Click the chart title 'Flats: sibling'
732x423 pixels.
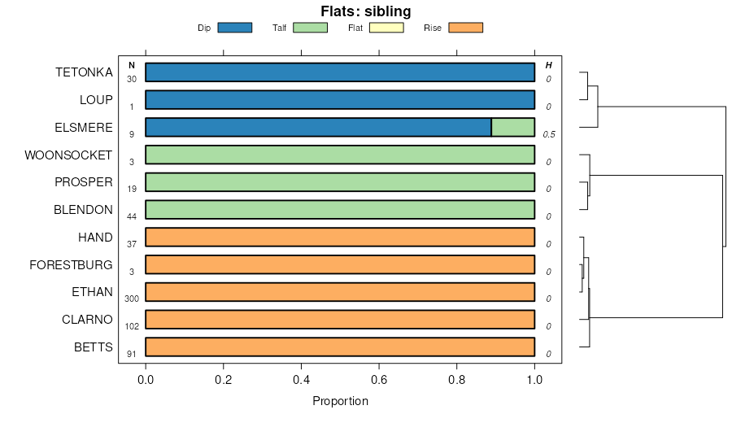point(365,11)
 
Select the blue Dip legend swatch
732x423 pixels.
point(234,28)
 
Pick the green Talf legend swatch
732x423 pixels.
point(310,28)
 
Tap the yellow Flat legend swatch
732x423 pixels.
point(386,28)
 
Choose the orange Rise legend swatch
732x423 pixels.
point(466,28)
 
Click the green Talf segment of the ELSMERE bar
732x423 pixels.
point(512,127)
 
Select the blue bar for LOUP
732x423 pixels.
point(340,99)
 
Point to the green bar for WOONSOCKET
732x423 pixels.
point(340,155)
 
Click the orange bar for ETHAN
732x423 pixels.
point(340,292)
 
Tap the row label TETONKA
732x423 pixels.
point(84,72)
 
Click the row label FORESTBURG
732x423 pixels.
point(71,264)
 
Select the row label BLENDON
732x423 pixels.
point(83,210)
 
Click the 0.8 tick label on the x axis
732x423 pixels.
point(457,379)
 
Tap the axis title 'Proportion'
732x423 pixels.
point(340,401)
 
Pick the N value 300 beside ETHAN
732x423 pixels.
point(132,299)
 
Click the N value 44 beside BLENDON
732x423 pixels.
point(132,216)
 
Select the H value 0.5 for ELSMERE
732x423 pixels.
point(549,134)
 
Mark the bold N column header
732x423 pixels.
point(132,65)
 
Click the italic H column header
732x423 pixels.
point(549,65)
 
